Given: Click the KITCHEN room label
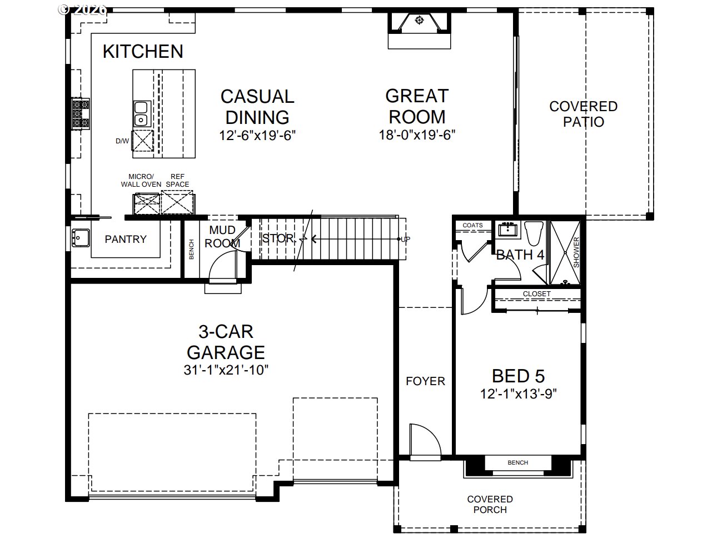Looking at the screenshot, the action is (x=143, y=52).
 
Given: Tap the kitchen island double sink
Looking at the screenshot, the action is (x=141, y=113).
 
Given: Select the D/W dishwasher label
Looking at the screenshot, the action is (x=122, y=141).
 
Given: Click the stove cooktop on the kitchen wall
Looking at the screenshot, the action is (x=81, y=113).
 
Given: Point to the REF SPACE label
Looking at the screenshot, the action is (x=177, y=180).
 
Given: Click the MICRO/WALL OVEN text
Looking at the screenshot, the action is (x=141, y=180).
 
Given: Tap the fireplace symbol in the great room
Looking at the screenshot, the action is (x=419, y=21).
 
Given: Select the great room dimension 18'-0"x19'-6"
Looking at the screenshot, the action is (x=417, y=134).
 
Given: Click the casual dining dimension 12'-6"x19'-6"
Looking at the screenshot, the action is (x=257, y=135).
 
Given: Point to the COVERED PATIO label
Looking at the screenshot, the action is (x=584, y=114).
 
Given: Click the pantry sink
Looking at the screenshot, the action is (x=81, y=238).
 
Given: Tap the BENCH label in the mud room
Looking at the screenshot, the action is (x=191, y=249).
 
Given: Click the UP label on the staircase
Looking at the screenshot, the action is (x=405, y=239).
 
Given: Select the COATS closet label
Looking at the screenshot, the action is (x=472, y=225).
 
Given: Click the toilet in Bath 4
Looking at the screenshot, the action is (x=534, y=233).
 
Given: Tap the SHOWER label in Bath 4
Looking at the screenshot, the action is (x=576, y=252).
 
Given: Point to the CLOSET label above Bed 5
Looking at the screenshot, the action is (x=536, y=293).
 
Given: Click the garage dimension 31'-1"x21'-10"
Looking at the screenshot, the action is (x=226, y=370).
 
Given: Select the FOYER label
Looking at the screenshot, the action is (x=425, y=381).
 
